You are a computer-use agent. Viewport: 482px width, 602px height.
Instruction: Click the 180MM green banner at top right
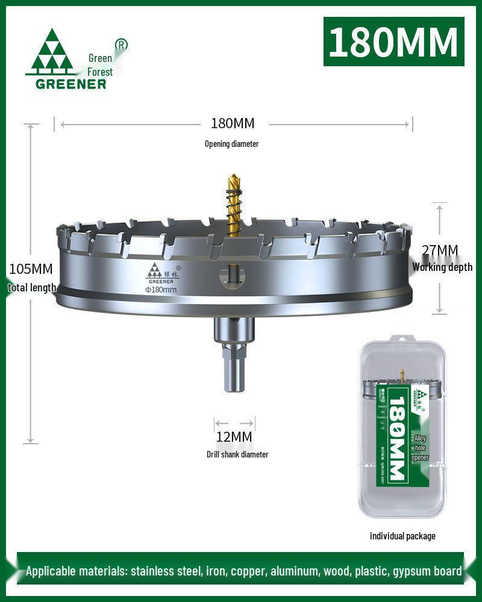pos(394,42)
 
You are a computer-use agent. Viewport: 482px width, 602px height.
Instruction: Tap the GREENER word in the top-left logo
pos(70,84)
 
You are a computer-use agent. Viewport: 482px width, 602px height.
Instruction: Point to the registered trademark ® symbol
pos(121,45)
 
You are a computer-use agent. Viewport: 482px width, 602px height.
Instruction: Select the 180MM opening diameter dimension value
pos(233,123)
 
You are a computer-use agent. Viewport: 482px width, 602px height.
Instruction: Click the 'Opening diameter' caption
pos(231,144)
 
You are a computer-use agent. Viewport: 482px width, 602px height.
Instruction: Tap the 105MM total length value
pos(30,268)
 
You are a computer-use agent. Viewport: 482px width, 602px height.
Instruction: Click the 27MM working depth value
pos(440,250)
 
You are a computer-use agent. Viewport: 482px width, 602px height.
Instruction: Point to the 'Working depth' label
pos(442,267)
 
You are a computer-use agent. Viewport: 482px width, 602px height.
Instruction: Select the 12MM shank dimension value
pos(234,436)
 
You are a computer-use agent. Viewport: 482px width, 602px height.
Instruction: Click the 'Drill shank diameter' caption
pos(237,455)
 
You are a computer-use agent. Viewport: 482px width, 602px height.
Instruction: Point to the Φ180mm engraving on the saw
pos(161,290)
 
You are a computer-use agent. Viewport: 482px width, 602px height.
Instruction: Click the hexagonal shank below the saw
pos(234,373)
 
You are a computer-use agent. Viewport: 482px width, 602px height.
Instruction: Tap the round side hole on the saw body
pos(233,275)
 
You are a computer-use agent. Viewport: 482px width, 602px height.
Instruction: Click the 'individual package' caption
pos(402,536)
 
